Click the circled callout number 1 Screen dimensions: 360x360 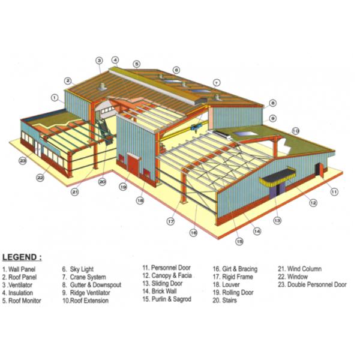click(55, 97)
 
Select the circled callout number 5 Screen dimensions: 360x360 click(137, 64)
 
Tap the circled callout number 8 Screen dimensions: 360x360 click(272, 103)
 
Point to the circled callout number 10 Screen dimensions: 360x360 click(295, 130)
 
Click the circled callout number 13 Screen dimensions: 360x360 click(277, 221)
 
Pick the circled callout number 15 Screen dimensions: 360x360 click(239, 242)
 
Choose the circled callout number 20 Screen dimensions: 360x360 click(102, 181)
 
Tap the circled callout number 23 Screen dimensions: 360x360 click(23, 161)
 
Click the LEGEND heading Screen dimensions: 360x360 click(22, 257)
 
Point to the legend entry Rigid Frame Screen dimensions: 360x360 click(233, 277)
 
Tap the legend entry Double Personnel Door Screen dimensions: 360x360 click(311, 285)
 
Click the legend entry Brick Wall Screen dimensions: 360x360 click(159, 291)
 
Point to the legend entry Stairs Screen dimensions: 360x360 click(225, 301)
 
